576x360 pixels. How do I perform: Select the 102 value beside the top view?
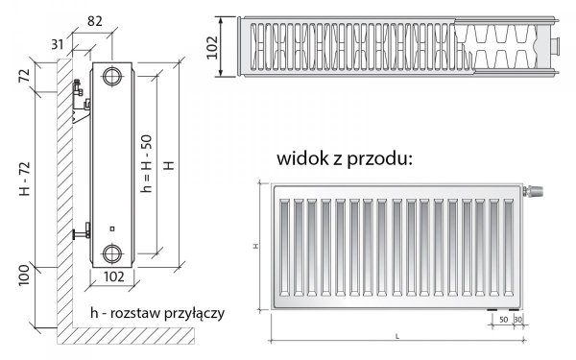(x=225, y=45)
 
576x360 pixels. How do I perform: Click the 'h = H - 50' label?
(x=146, y=164)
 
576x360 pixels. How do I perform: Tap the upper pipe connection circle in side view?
(x=113, y=76)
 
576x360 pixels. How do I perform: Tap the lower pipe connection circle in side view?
(x=113, y=253)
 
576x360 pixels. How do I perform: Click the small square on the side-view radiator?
(x=112, y=228)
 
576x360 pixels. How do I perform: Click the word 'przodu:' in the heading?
(x=384, y=157)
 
